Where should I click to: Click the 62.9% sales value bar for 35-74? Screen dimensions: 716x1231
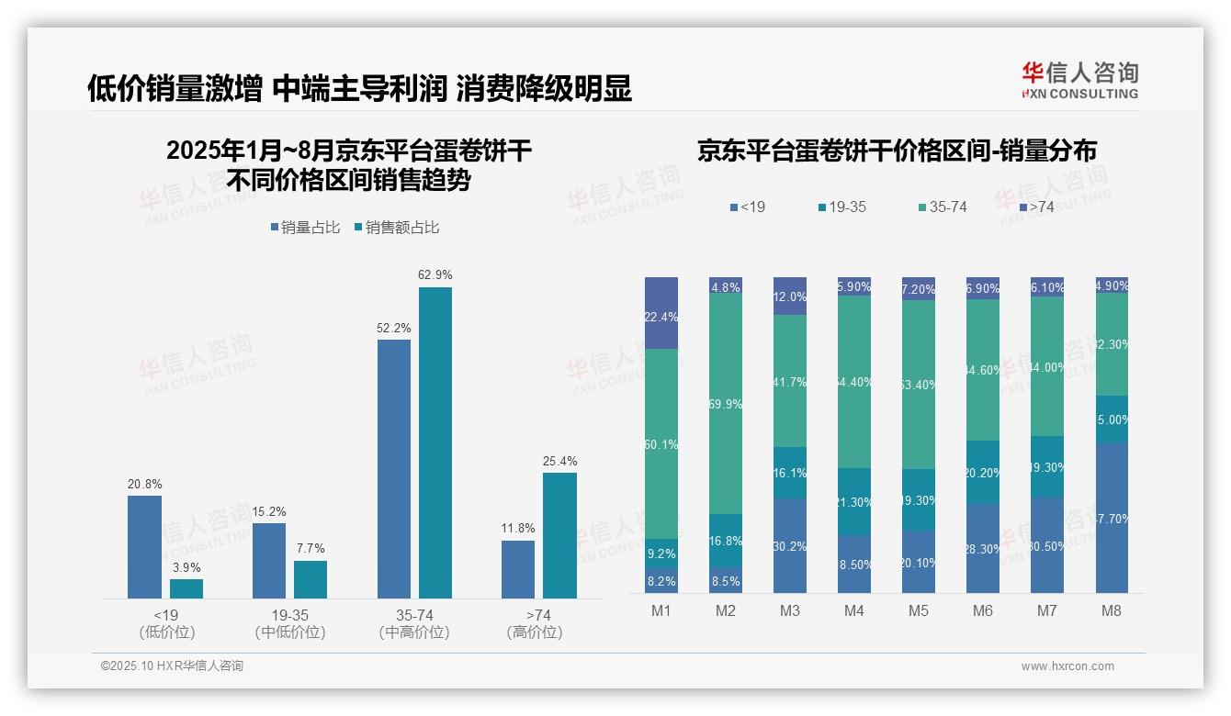(x=435, y=442)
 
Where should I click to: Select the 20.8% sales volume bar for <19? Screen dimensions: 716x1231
(x=144, y=547)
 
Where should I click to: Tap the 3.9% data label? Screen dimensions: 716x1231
(x=186, y=567)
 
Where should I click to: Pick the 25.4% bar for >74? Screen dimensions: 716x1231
(x=559, y=535)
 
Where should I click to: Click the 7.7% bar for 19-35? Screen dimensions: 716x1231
(x=311, y=579)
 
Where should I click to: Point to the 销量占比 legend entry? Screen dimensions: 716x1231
(x=306, y=228)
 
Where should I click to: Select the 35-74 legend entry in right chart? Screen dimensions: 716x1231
(x=942, y=207)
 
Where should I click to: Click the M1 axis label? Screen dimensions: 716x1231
(x=661, y=610)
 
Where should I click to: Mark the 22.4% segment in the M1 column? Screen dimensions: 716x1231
(x=661, y=313)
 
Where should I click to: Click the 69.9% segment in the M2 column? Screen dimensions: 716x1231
(x=726, y=404)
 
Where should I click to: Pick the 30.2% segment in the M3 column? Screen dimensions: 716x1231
(x=789, y=545)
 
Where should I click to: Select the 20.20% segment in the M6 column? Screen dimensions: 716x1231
(x=982, y=472)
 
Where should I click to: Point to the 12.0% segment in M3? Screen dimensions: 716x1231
(x=789, y=296)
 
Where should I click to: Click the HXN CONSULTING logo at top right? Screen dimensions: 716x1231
(x=1079, y=81)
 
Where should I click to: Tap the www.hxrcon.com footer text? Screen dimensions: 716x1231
(x=1067, y=666)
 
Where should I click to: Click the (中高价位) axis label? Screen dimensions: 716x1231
(x=414, y=632)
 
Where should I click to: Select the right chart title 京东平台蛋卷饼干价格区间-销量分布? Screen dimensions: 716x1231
(x=897, y=151)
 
